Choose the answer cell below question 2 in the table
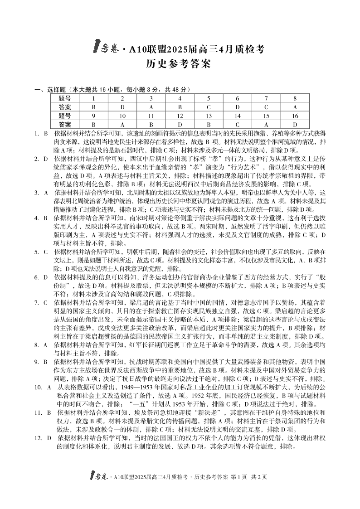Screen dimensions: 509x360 [122, 107]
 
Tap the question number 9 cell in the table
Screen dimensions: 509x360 [93, 116]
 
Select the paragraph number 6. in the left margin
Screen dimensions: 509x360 [37, 276]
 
